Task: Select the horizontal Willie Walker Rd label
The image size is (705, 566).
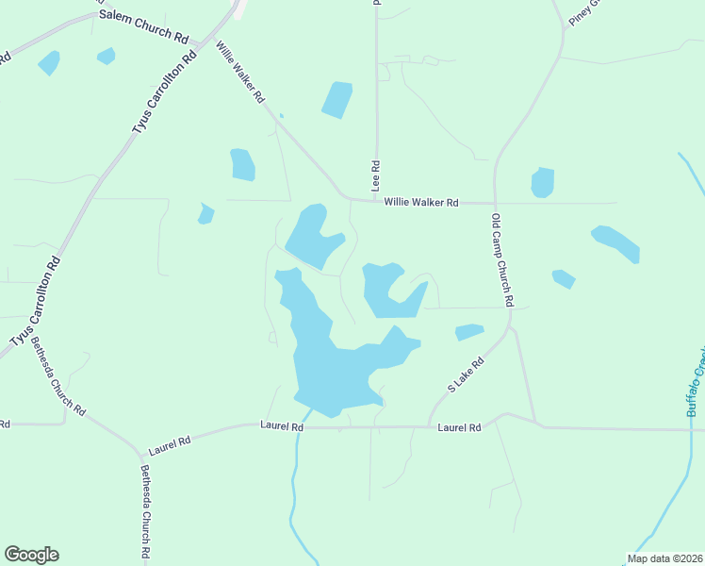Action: (420, 203)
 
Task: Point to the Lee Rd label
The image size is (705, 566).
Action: (375, 177)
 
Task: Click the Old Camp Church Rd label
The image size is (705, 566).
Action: (501, 259)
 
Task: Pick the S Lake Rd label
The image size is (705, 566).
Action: (465, 375)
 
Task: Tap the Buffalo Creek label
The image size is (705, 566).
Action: (696, 382)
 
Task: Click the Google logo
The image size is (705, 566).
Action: (31, 555)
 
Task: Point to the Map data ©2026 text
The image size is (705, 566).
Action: (664, 558)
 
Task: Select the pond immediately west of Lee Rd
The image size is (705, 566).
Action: (336, 100)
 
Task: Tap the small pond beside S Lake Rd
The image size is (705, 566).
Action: (469, 332)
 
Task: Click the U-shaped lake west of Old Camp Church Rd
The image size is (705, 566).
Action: (386, 291)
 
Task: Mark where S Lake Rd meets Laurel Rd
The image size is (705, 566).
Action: (430, 427)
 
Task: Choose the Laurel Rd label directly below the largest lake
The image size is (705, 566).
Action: (282, 427)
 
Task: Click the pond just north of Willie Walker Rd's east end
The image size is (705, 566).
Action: (542, 182)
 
